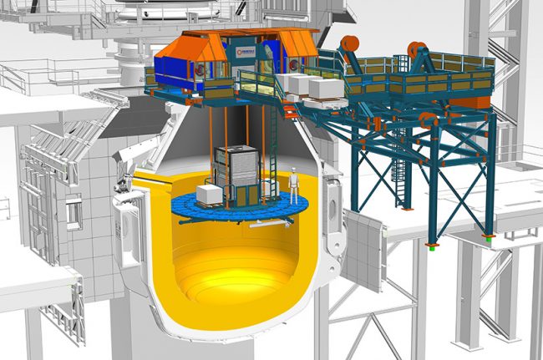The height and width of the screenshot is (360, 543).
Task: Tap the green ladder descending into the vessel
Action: pyautogui.click(x=272, y=150)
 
